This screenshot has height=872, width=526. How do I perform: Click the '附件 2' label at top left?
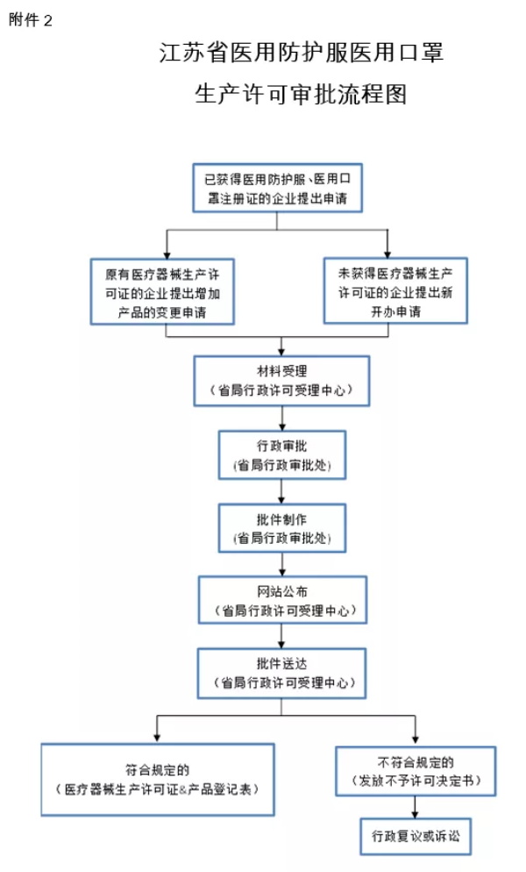[30, 20]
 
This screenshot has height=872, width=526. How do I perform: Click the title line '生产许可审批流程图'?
[300, 94]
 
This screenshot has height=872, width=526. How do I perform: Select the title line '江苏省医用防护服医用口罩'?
[301, 53]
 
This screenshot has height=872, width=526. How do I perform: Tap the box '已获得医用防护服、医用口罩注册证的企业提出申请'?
[277, 188]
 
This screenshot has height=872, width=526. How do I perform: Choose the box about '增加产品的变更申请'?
[162, 291]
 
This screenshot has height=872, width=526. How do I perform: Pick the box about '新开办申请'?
[395, 290]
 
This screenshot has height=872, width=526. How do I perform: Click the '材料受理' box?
[281, 381]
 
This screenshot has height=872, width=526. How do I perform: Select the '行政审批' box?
[282, 455]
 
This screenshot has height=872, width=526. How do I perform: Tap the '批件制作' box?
[282, 528]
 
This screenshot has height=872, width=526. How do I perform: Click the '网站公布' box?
[282, 600]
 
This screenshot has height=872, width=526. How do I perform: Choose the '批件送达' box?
[281, 674]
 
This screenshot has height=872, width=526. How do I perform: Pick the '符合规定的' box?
[157, 780]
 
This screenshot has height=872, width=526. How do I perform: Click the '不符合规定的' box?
[416, 771]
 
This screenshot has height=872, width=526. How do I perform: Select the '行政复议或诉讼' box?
[416, 836]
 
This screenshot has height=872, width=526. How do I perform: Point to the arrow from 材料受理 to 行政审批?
[282, 418]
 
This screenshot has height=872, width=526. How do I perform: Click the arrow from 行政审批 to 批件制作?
[282, 491]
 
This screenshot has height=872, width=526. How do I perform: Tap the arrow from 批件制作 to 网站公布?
[282, 564]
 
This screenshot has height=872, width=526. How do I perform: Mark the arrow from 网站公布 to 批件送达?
[282, 636]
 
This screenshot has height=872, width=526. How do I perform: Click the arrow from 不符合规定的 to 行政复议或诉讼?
[416, 807]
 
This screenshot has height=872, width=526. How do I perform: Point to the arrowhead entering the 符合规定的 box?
[157, 738]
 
